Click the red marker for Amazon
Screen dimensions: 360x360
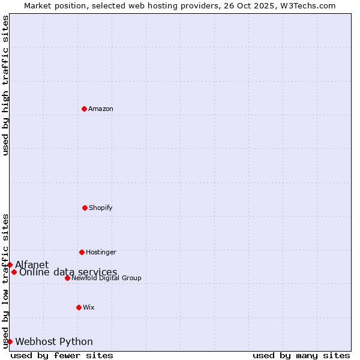(x=84, y=109)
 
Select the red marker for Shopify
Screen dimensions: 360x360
(x=85, y=208)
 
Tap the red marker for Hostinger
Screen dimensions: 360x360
(x=82, y=252)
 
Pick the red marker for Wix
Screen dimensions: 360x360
(x=79, y=307)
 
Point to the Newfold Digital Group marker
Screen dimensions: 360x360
(x=67, y=278)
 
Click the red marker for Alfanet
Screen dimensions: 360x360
(x=10, y=265)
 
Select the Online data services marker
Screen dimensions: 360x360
(x=14, y=272)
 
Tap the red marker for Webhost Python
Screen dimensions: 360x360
(x=10, y=341)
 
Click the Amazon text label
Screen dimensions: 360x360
(x=101, y=109)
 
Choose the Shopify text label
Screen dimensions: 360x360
(x=101, y=208)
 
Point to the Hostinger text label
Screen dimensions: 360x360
(x=101, y=253)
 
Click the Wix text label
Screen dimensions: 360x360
(x=89, y=308)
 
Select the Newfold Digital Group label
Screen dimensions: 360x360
(x=106, y=278)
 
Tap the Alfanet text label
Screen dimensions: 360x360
(x=32, y=265)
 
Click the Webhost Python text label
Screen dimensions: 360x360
(x=54, y=342)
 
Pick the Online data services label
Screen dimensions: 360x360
(x=68, y=272)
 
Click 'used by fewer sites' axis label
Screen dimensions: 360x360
(x=62, y=356)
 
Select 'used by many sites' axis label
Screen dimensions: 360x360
(x=301, y=356)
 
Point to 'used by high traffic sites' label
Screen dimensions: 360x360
(x=5, y=85)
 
